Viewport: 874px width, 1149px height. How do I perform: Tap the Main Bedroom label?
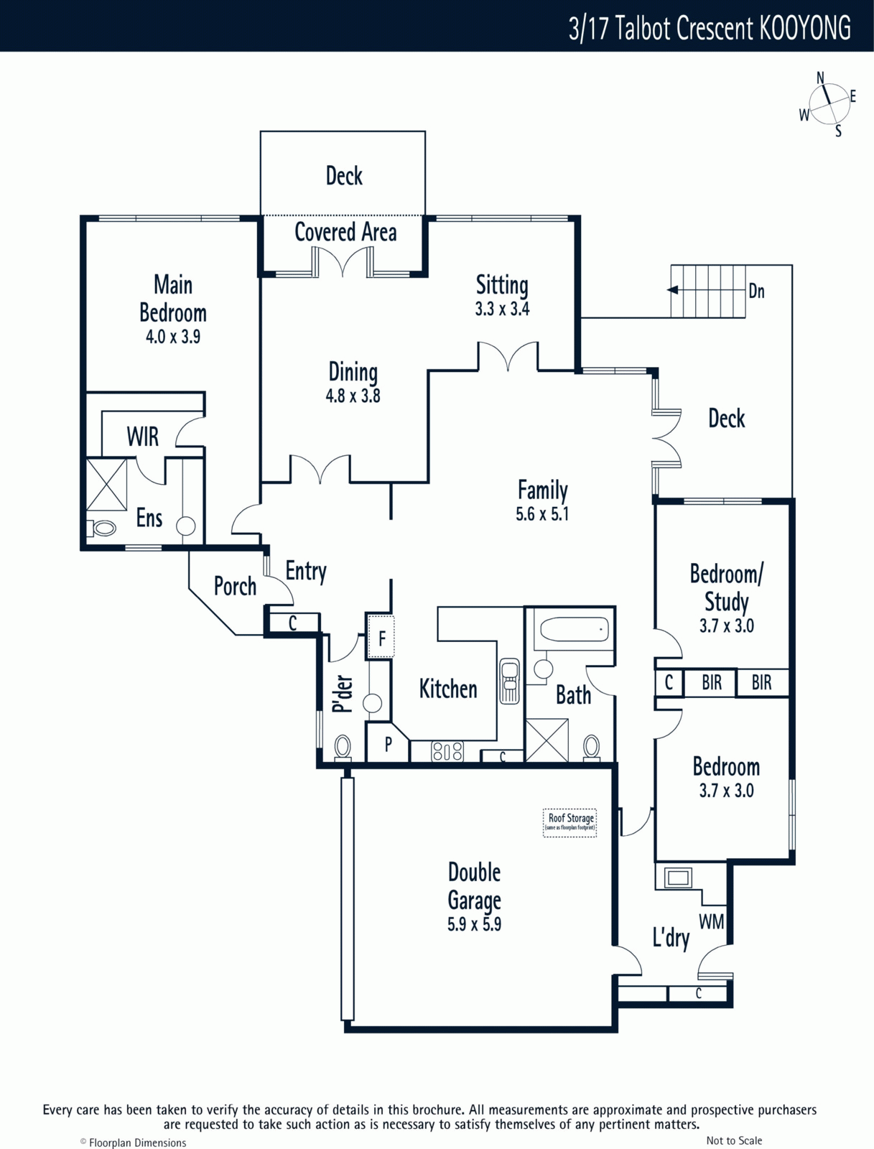point(173,299)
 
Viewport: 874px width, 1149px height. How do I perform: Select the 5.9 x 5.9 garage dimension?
point(474,924)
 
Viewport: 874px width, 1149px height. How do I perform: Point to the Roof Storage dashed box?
point(570,822)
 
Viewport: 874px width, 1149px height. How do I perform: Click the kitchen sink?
point(509,681)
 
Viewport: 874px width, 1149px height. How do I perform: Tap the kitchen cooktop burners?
point(447,751)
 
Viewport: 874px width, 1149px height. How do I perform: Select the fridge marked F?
point(381,637)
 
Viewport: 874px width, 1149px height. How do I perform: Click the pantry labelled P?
point(388,744)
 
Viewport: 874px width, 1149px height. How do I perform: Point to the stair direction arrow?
point(674,290)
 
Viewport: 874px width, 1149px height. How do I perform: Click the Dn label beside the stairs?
point(756,291)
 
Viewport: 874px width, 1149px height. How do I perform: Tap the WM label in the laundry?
point(711,921)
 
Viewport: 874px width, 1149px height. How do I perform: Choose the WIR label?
point(142,437)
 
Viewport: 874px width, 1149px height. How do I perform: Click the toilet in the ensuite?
point(103,529)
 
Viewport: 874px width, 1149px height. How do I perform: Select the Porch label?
point(235,586)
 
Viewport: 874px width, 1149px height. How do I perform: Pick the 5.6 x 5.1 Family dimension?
point(542,514)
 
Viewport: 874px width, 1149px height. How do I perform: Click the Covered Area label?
point(345,232)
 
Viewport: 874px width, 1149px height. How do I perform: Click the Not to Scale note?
point(734,1140)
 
